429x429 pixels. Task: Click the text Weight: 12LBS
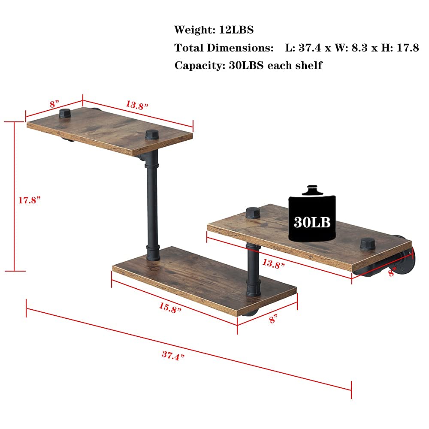[x=214, y=30]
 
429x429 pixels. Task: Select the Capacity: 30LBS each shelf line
[x=248, y=66]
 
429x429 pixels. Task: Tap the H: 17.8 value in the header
[x=399, y=48]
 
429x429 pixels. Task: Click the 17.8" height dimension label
[x=29, y=200]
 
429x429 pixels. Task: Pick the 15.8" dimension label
[x=168, y=308]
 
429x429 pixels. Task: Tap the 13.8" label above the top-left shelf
[x=137, y=104]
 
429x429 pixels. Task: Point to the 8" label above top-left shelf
[x=54, y=104]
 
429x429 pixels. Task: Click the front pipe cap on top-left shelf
[x=152, y=135]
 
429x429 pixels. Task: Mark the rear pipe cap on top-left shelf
[x=65, y=114]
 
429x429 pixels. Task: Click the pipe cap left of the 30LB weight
[x=252, y=213]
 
